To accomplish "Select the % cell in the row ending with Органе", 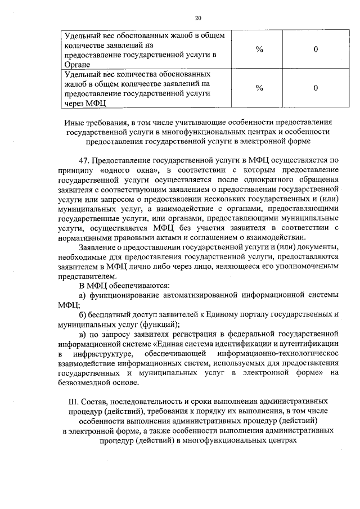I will [x=259, y=49].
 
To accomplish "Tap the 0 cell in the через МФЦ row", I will [x=316, y=88].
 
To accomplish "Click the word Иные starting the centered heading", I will [x=77, y=122].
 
